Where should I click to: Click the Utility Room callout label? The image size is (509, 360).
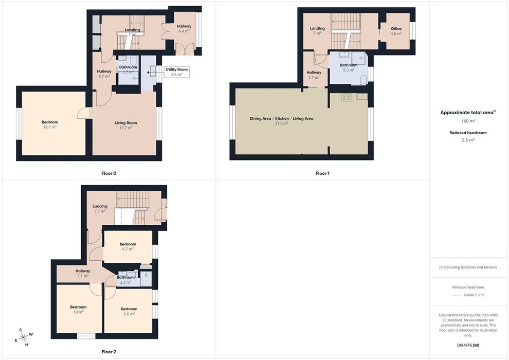(x=176, y=72)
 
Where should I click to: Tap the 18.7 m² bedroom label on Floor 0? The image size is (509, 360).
(x=50, y=124)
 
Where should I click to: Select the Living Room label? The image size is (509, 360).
(x=125, y=125)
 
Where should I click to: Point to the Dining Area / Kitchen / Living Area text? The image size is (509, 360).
(x=281, y=118)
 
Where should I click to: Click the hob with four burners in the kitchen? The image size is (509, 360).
(x=346, y=97)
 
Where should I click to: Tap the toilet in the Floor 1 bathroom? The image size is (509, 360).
(x=364, y=80)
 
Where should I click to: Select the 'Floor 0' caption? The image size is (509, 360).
(x=109, y=173)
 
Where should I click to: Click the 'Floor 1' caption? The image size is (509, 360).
(x=322, y=173)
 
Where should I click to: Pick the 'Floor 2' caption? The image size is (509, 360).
(x=109, y=352)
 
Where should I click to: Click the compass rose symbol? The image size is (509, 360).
(x=24, y=337)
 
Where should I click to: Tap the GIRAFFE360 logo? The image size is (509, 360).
(x=468, y=345)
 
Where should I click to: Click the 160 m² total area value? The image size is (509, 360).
(x=468, y=121)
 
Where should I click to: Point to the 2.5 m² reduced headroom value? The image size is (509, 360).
(x=468, y=140)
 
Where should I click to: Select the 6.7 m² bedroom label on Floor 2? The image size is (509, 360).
(x=128, y=247)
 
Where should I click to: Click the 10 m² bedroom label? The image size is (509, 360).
(x=78, y=310)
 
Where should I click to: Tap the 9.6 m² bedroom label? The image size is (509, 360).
(x=129, y=311)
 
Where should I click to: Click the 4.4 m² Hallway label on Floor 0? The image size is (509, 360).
(x=184, y=29)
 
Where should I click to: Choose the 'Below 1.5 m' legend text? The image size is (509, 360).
(x=474, y=295)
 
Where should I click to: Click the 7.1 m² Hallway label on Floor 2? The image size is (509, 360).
(x=83, y=273)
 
